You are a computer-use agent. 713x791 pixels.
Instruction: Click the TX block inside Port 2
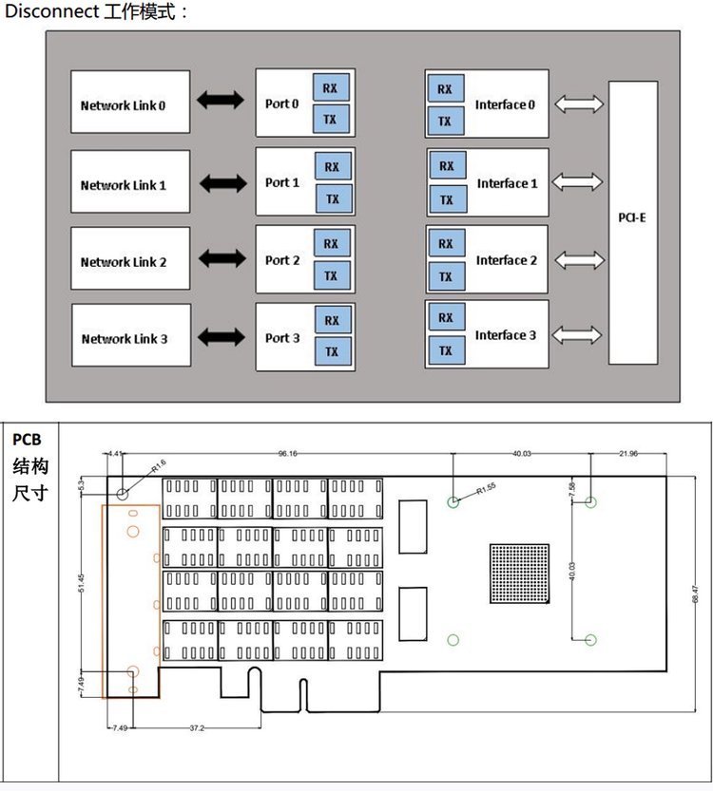coord(331,276)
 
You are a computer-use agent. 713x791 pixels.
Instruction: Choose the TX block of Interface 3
coord(444,351)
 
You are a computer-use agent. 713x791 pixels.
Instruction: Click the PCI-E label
coord(632,217)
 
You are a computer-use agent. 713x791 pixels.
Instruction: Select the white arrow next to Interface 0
coord(577,104)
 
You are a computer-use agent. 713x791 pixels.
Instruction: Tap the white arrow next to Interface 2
coord(577,259)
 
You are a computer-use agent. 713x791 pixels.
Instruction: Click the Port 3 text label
coord(282,338)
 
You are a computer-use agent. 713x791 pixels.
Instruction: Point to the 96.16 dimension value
coord(288,454)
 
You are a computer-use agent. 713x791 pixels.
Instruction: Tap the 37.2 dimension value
coord(197,728)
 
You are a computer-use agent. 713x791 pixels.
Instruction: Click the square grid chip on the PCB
coord(519,574)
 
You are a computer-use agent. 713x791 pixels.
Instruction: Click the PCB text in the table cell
coord(28,440)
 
